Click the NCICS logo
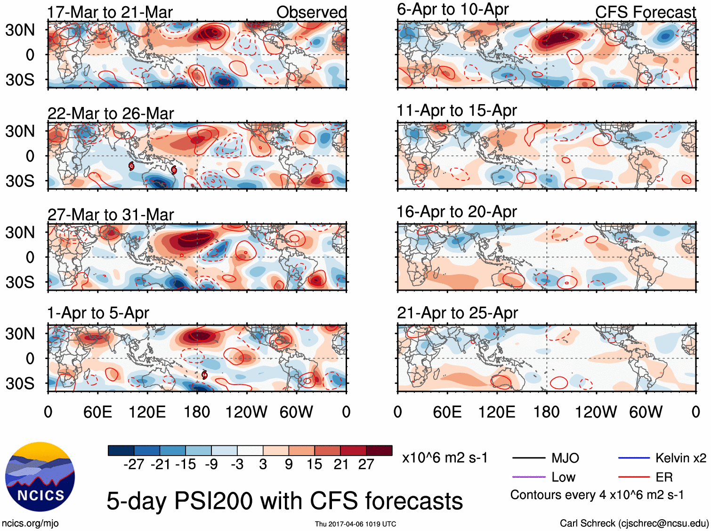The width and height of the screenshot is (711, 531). pos(40,476)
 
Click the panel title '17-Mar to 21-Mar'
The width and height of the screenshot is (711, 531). pos(110,12)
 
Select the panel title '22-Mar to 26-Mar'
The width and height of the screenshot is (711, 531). pos(111,114)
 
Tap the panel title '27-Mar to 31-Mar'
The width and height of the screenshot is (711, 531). pos(111,215)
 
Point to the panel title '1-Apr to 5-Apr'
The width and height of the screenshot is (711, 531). pos(98,313)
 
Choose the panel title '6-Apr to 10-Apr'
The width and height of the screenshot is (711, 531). pos(452,9)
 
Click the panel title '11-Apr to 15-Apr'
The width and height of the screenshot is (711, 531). pos(456,111)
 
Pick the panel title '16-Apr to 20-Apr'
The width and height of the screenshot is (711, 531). pos(456,212)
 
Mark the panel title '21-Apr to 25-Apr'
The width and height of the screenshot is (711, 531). pos(457,313)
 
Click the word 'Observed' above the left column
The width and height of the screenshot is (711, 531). pos(311,12)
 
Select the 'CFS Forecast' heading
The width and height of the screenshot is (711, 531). pos(645,12)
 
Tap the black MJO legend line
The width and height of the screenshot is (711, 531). pos(528,457)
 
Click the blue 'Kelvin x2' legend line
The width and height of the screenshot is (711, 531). pos(634,457)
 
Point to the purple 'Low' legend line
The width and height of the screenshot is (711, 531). pos(528,477)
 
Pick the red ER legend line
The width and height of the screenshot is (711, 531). pos(634,477)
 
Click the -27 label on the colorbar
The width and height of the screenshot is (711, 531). pos(134,465)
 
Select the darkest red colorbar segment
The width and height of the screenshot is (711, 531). pos(379,450)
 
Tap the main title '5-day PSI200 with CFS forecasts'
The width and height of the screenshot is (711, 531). pos(284,500)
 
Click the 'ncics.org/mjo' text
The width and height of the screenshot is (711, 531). pos(30,523)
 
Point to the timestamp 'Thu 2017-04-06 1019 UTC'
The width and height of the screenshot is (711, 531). pos(355,524)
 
